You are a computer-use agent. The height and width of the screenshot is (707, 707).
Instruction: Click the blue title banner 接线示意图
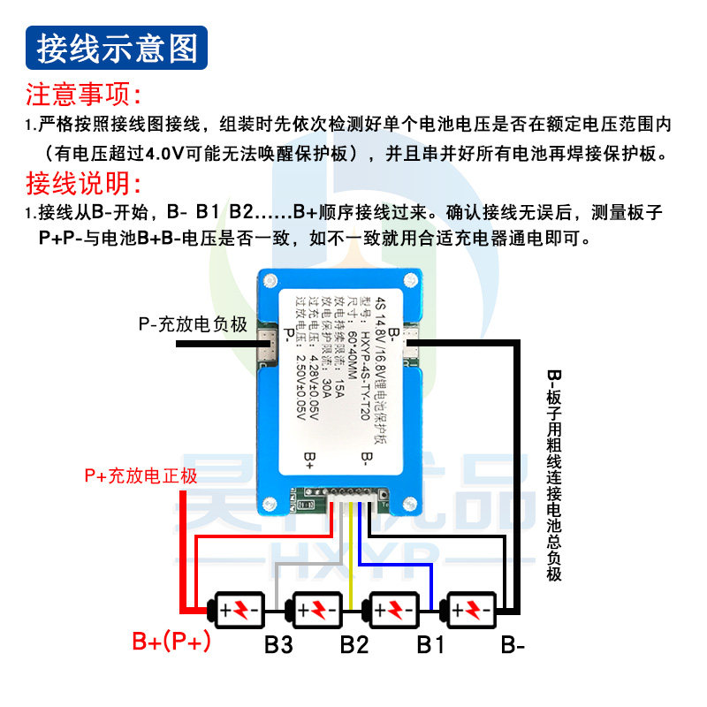118,49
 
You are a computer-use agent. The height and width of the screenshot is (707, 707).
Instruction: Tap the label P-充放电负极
192,324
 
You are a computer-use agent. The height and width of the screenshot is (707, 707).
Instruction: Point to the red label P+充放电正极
141,475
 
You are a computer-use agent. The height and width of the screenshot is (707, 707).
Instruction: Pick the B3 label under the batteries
278,645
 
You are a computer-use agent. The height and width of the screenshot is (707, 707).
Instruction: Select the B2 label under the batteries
353,645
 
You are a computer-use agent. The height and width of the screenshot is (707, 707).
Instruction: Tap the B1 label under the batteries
430,645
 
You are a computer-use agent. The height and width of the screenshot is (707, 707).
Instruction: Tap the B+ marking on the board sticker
309,457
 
